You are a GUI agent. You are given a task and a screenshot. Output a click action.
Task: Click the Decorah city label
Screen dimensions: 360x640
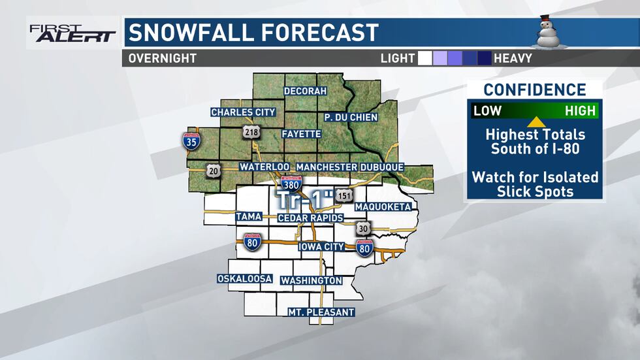click(x=305, y=91)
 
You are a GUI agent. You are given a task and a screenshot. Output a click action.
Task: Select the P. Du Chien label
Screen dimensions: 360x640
click(x=352, y=117)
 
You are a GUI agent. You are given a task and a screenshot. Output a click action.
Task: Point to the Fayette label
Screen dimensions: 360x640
click(x=301, y=134)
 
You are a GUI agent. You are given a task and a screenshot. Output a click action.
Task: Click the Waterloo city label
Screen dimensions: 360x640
click(x=264, y=167)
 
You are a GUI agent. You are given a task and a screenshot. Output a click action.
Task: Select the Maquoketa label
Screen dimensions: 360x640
click(x=383, y=207)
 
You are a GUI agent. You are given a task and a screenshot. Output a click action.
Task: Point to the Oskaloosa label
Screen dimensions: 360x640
click(x=244, y=279)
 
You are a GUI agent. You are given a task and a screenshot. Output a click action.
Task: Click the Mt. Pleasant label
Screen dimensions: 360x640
click(x=321, y=312)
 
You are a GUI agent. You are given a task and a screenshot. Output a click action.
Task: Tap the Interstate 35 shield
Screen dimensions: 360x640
click(x=191, y=140)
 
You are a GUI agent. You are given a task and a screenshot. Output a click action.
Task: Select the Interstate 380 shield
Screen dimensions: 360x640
click(x=291, y=184)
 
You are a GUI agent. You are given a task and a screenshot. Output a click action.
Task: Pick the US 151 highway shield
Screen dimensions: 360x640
click(x=344, y=195)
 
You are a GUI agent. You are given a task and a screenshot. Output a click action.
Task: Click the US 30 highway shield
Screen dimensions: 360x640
click(x=363, y=228)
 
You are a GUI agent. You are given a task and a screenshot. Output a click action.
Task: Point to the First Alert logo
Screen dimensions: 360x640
click(x=72, y=33)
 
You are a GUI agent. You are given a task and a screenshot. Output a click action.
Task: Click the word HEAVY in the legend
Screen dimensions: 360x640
click(x=513, y=58)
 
